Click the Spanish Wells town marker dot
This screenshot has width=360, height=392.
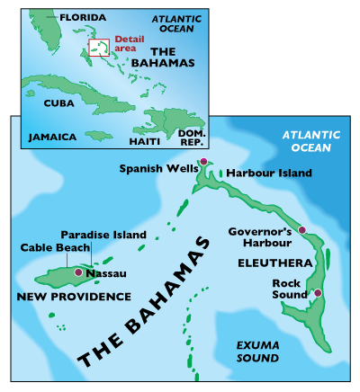point(203,162)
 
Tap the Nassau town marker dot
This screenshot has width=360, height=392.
point(79,272)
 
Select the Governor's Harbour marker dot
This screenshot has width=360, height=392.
point(302,231)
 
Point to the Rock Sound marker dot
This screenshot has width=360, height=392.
point(317,293)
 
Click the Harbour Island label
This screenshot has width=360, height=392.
point(269,173)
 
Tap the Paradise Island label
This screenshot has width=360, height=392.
point(103,235)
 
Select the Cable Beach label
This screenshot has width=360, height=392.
point(55,247)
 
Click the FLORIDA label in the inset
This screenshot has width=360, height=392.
point(80,17)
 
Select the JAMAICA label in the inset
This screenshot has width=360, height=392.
point(51,138)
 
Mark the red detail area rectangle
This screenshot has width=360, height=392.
point(99,48)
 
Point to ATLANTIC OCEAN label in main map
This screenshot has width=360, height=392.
point(311,141)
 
